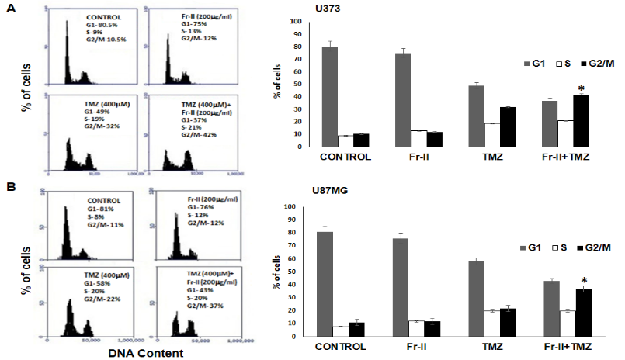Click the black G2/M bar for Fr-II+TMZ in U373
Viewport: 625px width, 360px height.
581,120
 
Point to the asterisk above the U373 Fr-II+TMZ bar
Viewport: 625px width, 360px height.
582,86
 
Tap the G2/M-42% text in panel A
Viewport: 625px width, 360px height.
181,134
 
